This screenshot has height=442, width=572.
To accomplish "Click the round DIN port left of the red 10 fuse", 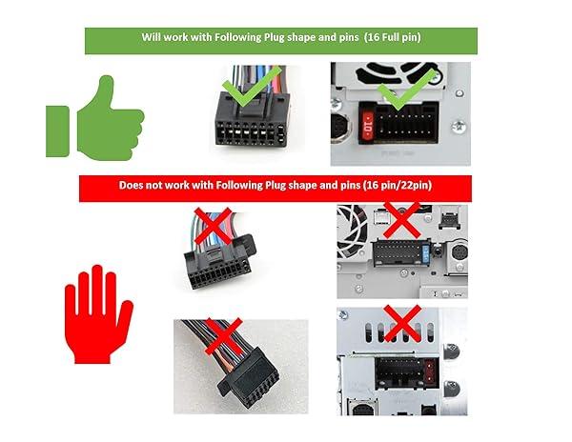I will (341, 130).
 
